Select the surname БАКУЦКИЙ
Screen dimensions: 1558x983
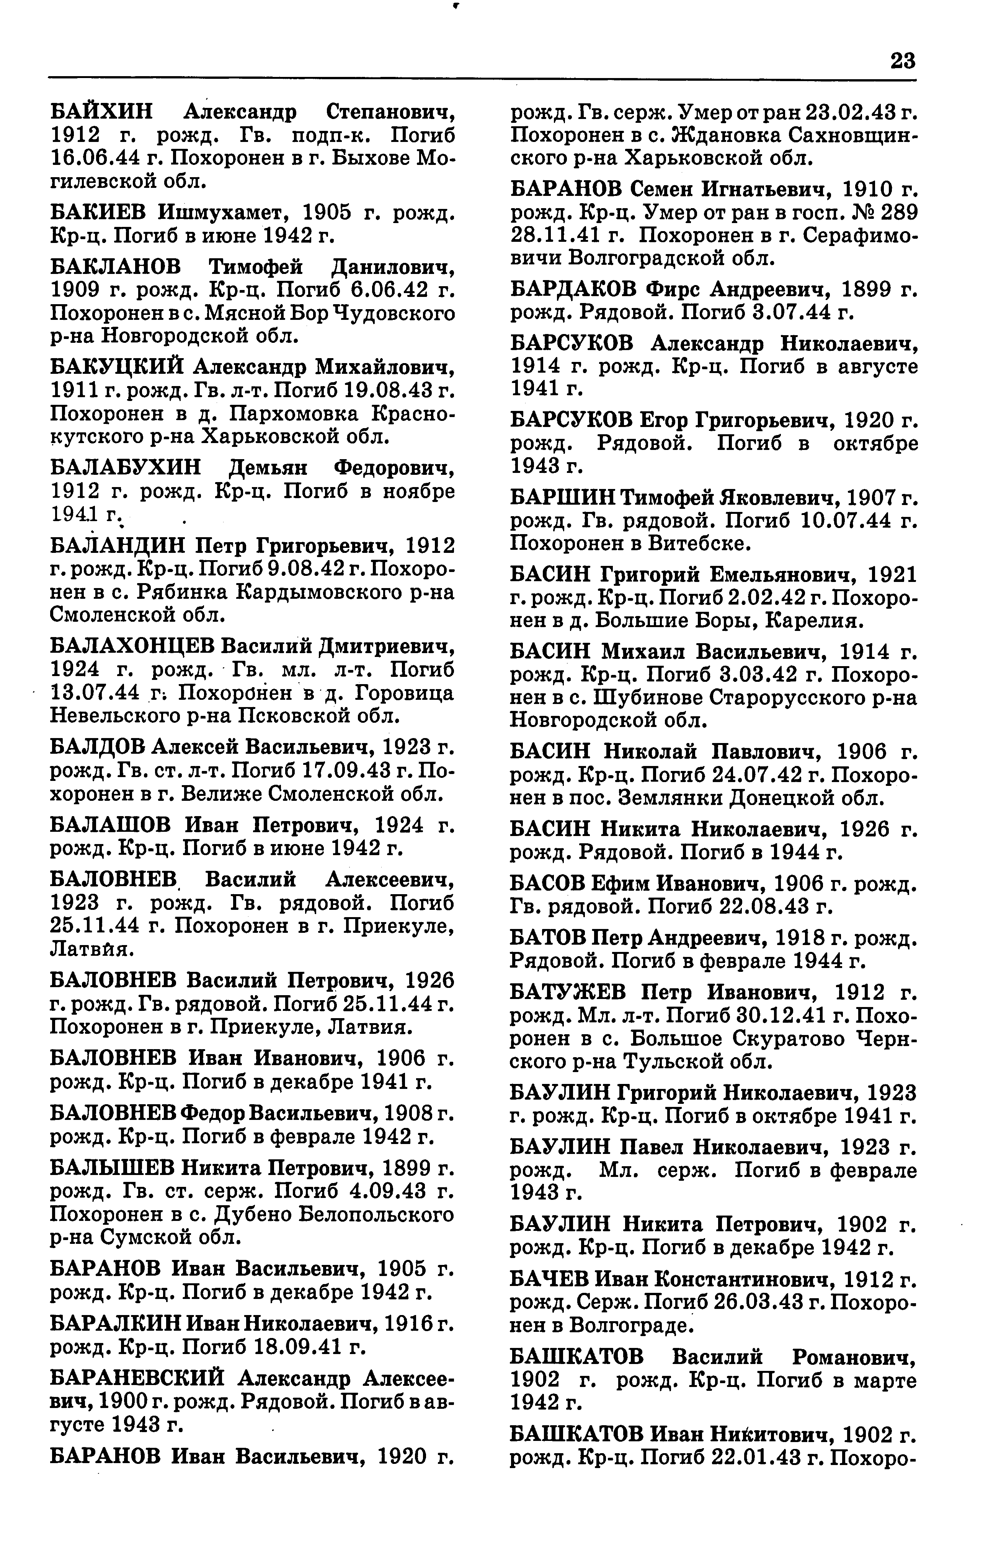pyautogui.click(x=116, y=367)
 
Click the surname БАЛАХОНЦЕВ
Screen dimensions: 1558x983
pyautogui.click(x=131, y=646)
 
